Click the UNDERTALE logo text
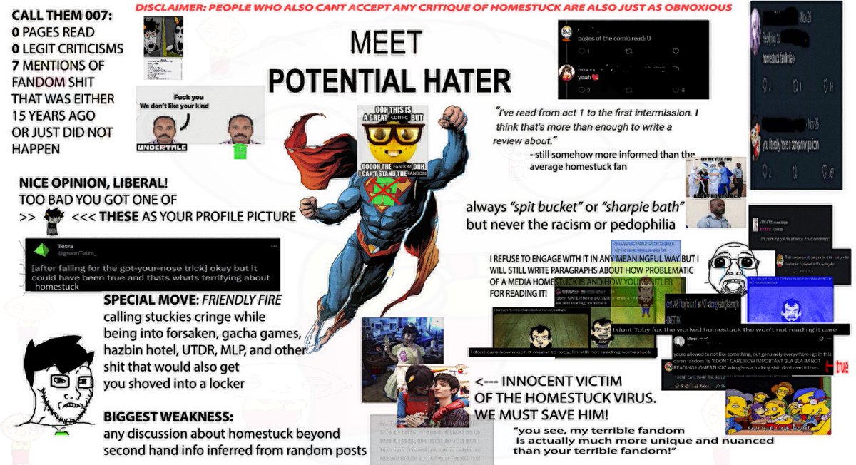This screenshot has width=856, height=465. [161, 147]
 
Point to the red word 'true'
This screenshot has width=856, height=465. [841, 367]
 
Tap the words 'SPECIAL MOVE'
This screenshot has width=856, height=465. [143, 300]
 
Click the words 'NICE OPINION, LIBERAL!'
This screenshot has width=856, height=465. [93, 183]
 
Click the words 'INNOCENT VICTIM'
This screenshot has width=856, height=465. [546, 382]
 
